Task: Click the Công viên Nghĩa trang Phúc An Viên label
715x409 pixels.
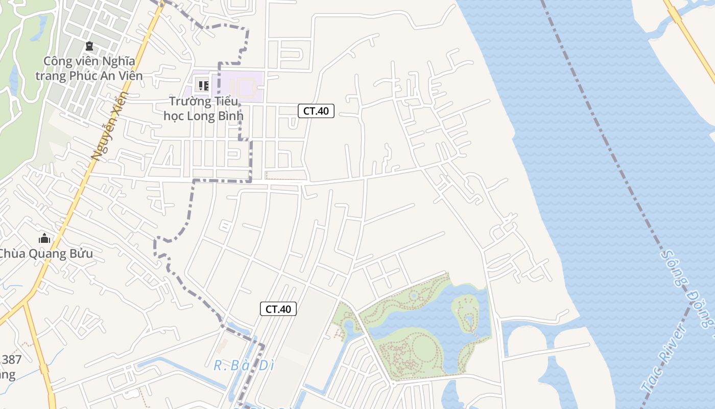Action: [x=89, y=69]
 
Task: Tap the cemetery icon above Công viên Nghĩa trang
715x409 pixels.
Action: [x=90, y=47]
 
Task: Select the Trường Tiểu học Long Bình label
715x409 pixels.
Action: [x=203, y=108]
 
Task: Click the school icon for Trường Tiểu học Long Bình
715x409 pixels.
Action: [x=203, y=85]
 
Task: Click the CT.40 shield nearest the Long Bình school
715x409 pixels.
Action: [x=316, y=111]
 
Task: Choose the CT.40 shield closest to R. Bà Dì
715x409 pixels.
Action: [x=278, y=309]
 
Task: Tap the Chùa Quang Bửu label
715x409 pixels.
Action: [x=46, y=254]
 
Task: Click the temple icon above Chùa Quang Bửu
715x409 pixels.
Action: [x=44, y=239]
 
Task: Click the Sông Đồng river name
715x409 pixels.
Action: [x=687, y=286]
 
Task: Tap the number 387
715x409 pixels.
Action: [x=10, y=359]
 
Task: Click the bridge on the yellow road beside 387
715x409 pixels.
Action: [x=44, y=369]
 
